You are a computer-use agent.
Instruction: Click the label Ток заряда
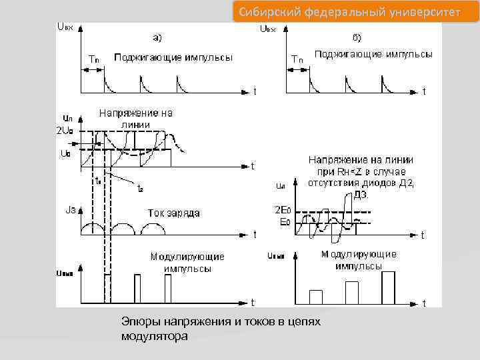pos(173,213)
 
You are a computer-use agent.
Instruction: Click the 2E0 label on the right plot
pos(283,209)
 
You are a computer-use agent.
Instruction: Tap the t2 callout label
pos(139,189)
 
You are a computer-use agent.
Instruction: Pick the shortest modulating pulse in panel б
pos(316,297)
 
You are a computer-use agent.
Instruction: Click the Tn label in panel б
pos(297,59)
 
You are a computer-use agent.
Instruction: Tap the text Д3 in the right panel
pos(361,195)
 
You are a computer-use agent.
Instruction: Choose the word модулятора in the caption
pos(155,337)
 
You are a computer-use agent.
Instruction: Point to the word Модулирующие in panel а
pos(187,257)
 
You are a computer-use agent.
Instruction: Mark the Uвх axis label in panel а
pos(66,27)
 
